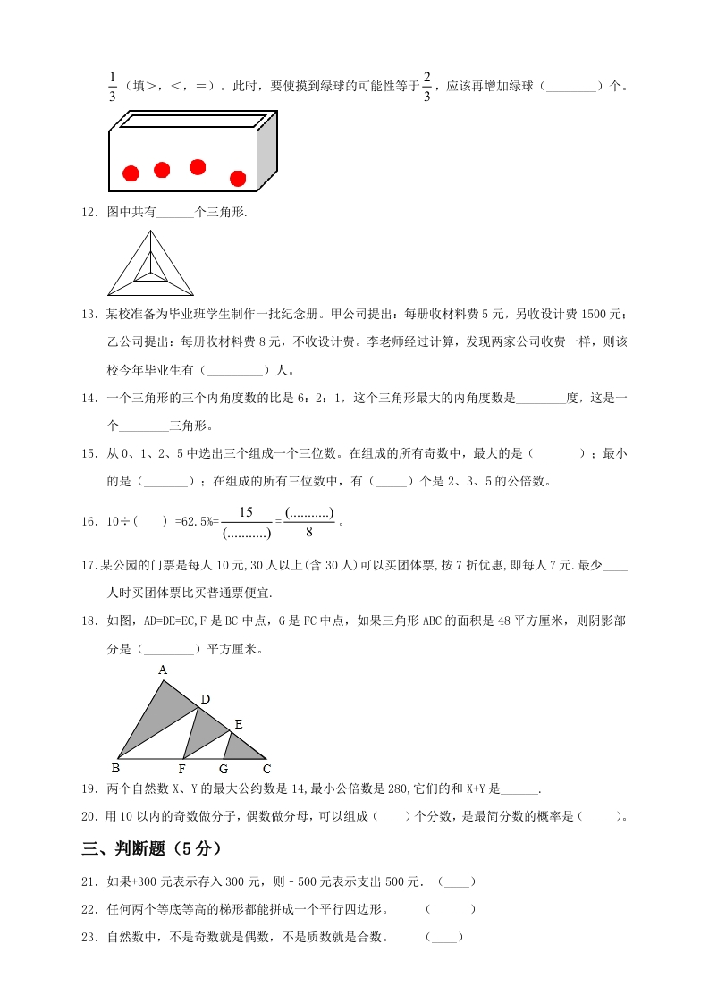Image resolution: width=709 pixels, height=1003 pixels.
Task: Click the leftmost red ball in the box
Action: pyautogui.click(x=131, y=173)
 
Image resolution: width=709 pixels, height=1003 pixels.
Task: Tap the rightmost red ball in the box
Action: pyautogui.click(x=238, y=178)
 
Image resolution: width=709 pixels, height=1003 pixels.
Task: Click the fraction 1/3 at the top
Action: pyautogui.click(x=112, y=87)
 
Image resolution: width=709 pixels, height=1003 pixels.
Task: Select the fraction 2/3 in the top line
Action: pyautogui.click(x=427, y=87)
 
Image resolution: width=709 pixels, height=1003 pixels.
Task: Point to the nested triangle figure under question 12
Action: pyautogui.click(x=150, y=264)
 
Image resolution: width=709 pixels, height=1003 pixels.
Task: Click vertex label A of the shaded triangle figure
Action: pyautogui.click(x=162, y=670)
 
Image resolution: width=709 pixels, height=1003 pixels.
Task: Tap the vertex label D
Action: pyautogui.click(x=205, y=699)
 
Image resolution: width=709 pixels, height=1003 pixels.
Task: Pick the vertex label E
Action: pyautogui.click(x=238, y=723)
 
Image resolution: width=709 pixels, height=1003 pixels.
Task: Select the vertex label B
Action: pyautogui.click(x=115, y=768)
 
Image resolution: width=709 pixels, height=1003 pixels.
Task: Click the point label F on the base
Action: pyautogui.click(x=181, y=769)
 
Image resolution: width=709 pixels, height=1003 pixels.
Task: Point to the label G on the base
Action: pyautogui.click(x=223, y=769)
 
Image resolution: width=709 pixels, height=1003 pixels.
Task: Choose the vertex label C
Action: pyautogui.click(x=266, y=769)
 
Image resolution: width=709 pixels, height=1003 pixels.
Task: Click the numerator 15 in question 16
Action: pyautogui.click(x=246, y=512)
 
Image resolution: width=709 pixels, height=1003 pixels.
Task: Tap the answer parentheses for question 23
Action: pyautogui.click(x=444, y=937)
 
